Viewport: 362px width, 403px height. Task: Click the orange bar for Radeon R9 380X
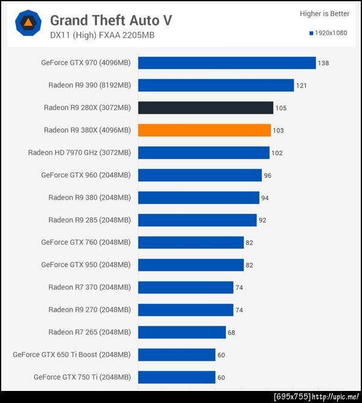click(205, 130)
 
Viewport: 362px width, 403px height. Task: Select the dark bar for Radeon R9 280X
click(206, 108)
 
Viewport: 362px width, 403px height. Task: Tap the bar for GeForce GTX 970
click(227, 63)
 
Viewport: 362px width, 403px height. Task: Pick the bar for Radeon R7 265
click(182, 332)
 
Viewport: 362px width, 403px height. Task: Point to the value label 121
click(302, 86)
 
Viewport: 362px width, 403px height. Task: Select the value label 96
click(268, 175)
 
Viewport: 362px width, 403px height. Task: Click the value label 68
click(231, 332)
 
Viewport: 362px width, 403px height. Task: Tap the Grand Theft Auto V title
click(111, 20)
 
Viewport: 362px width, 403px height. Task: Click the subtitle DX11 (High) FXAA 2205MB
click(102, 35)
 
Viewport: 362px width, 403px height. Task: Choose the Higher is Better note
click(325, 13)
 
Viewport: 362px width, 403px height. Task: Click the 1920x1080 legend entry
click(328, 33)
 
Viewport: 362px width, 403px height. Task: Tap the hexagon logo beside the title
click(28, 25)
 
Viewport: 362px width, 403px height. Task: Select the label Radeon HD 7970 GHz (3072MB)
click(79, 152)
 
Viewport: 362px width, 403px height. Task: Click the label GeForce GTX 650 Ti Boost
click(72, 355)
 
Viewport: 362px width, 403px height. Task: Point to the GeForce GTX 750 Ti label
click(82, 377)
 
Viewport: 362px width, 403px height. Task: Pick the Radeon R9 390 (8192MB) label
click(89, 85)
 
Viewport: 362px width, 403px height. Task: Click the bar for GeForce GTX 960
click(200, 175)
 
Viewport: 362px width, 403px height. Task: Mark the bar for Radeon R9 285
click(197, 220)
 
